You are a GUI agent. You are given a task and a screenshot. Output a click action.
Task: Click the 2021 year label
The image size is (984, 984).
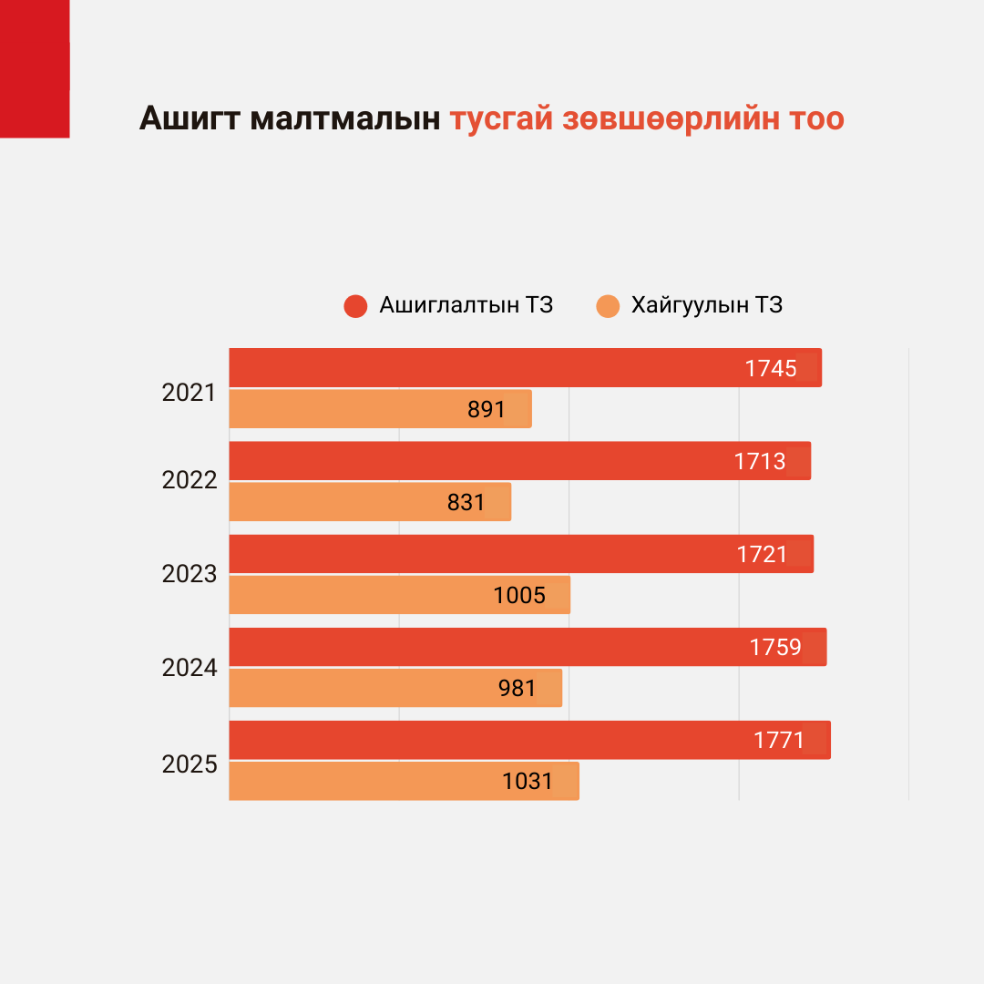point(189,394)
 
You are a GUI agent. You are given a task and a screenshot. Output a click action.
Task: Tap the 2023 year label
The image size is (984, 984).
point(189,574)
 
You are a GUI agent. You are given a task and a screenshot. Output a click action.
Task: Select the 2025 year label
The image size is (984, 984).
point(189,764)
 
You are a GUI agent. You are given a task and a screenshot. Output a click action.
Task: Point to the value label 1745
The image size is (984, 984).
point(771,368)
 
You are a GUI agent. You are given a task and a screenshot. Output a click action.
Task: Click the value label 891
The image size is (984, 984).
point(487,409)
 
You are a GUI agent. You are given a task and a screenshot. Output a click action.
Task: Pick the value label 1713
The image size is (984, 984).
point(760,461)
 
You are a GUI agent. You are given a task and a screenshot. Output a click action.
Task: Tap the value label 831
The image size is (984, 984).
point(466,502)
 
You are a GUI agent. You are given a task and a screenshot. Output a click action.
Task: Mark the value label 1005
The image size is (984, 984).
point(519,595)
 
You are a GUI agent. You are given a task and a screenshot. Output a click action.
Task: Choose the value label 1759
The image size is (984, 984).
point(775,647)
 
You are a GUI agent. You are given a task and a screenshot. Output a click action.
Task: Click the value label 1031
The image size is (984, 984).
point(528,781)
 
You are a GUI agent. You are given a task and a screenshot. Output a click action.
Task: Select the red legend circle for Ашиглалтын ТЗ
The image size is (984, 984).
point(355,306)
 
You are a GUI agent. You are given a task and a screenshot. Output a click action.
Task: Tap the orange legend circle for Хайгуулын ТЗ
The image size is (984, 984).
point(608,306)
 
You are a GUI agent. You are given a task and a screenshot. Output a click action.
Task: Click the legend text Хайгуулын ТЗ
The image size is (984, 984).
point(707,305)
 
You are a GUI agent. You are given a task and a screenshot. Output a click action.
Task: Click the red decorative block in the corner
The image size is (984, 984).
point(35,68)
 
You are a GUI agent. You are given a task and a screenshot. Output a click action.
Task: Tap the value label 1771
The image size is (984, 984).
point(779,740)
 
